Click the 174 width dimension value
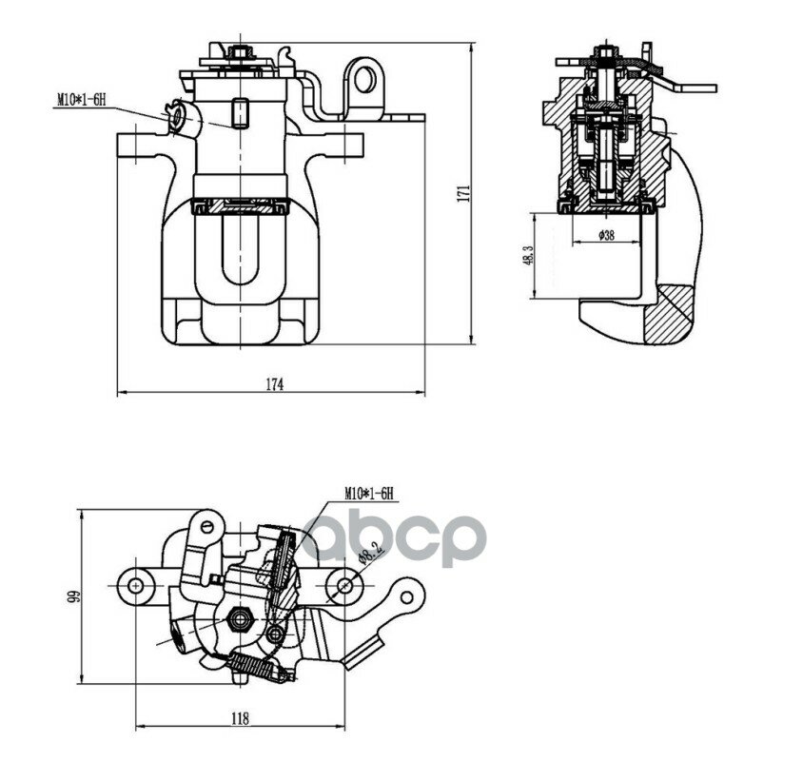click(275, 384)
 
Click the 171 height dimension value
click(463, 193)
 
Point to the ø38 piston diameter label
click(606, 235)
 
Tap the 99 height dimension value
click(75, 596)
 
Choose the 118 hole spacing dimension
click(239, 718)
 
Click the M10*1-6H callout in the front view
click(81, 99)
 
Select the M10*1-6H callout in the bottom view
click(369, 494)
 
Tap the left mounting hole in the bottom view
click(135, 585)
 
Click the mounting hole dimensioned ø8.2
click(344, 585)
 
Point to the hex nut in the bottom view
click(240, 619)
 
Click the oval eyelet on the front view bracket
click(364, 80)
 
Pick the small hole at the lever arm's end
click(406, 597)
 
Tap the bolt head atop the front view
click(240, 51)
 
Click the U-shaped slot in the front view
click(240, 249)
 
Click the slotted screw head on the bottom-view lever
click(207, 525)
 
